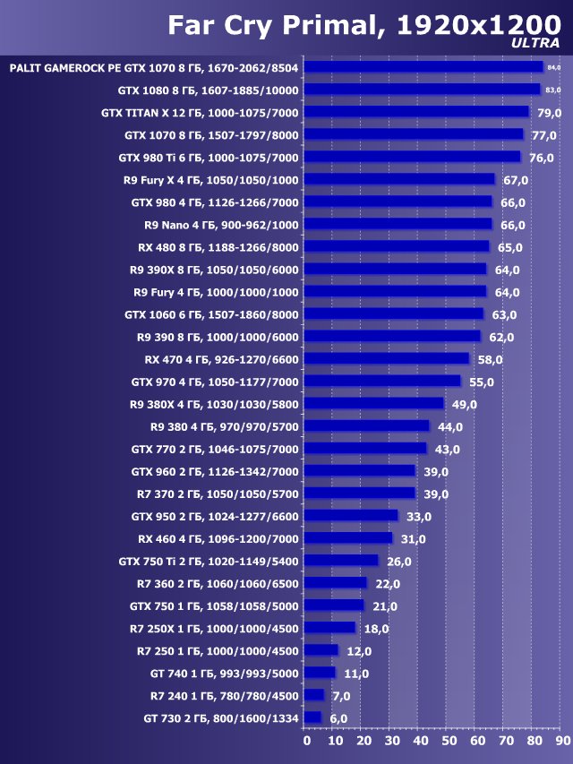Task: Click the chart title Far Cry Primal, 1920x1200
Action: click(x=363, y=25)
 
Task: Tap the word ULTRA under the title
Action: click(x=535, y=43)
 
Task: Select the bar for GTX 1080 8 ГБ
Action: click(x=422, y=90)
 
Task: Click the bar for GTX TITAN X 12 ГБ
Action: click(x=416, y=112)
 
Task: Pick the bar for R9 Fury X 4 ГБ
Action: click(x=399, y=179)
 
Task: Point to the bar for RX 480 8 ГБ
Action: click(x=397, y=246)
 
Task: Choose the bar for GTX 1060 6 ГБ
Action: click(x=394, y=313)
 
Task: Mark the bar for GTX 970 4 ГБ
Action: click(x=382, y=381)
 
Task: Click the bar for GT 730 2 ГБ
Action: click(x=312, y=717)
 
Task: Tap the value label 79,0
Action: click(x=548, y=113)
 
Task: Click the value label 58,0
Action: click(x=489, y=359)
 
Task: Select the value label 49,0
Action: click(x=464, y=404)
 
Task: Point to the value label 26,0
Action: click(x=398, y=562)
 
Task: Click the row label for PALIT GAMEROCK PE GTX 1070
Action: click(x=154, y=67)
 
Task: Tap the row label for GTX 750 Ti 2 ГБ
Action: click(x=209, y=562)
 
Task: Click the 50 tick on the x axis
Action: click(x=449, y=741)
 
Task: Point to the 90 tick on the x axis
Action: click(x=562, y=741)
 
